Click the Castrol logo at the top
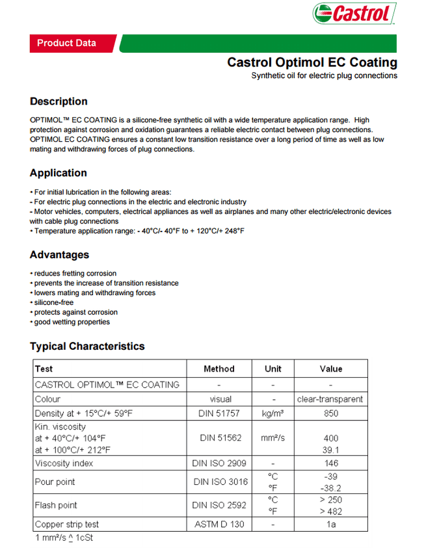click(x=353, y=14)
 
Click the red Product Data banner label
click(x=66, y=43)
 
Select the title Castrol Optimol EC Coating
click(x=312, y=62)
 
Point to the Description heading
click(x=59, y=101)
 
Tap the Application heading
click(x=58, y=173)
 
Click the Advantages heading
click(x=59, y=255)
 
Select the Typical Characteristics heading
click(x=87, y=346)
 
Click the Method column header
click(x=219, y=369)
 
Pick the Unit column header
click(x=273, y=369)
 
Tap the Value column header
click(x=330, y=369)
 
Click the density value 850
click(x=330, y=413)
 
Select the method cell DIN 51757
click(x=219, y=413)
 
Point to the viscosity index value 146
click(x=330, y=463)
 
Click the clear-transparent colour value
click(x=330, y=399)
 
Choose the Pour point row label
click(x=55, y=482)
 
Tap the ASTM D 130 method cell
click(x=219, y=524)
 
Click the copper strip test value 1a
click(x=330, y=524)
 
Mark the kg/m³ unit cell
click(x=273, y=413)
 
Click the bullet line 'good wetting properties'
click(x=72, y=322)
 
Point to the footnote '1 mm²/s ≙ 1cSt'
click(x=64, y=538)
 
